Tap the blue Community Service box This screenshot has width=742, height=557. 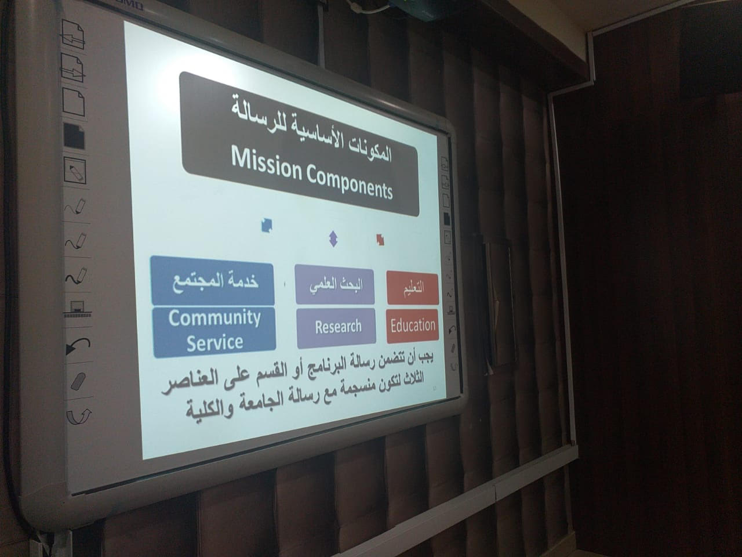click(x=214, y=331)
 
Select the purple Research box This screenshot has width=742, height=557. click(x=336, y=327)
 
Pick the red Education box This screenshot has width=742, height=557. click(x=413, y=325)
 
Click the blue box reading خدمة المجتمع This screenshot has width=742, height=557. click(x=212, y=281)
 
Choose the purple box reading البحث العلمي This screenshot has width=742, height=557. click(x=334, y=284)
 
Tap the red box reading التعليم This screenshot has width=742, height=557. click(x=412, y=288)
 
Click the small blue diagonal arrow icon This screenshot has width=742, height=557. click(x=267, y=225)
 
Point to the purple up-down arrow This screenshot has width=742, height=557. click(x=333, y=239)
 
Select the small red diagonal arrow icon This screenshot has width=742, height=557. click(x=380, y=240)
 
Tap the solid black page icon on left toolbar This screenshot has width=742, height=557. click(x=74, y=136)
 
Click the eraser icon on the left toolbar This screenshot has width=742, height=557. click(x=79, y=381)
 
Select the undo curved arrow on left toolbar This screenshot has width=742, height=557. click(x=78, y=346)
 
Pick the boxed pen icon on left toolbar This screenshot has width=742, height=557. click(x=75, y=171)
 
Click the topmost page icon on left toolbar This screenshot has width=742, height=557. click(x=73, y=34)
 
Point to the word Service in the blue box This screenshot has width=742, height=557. click(x=215, y=342)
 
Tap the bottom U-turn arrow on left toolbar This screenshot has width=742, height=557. click(x=79, y=416)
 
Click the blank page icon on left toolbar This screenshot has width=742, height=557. click(x=74, y=103)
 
